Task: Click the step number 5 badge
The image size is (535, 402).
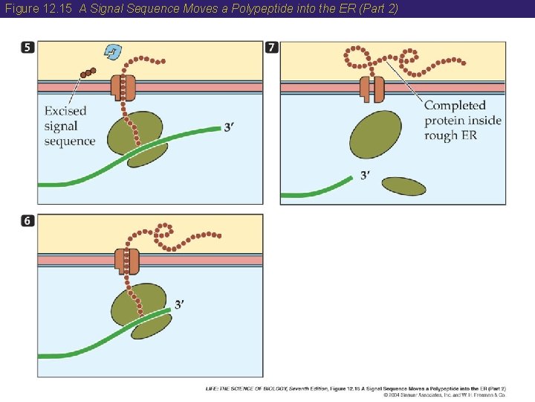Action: point(27,48)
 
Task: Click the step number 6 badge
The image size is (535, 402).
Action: point(27,222)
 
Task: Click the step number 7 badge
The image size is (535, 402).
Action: point(272,48)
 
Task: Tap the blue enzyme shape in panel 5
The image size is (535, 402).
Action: point(114,51)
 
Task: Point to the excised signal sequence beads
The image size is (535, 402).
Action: point(87,73)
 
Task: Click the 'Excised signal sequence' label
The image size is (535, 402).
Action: point(69,126)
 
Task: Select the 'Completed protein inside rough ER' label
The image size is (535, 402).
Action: point(462,120)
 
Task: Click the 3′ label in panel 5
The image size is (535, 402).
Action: point(231,127)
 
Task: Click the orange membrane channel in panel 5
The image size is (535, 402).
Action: point(123,86)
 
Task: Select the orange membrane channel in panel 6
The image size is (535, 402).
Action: point(127,261)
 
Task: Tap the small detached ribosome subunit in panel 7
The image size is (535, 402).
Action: point(403,185)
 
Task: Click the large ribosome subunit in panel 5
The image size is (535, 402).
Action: point(134,132)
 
